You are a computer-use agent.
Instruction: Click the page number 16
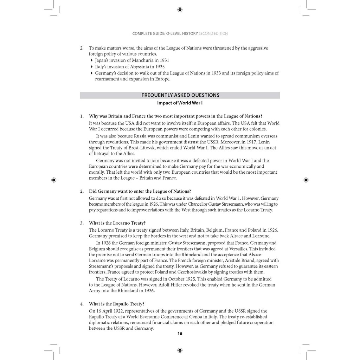click(180, 334)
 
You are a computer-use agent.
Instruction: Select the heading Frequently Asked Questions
click(180, 95)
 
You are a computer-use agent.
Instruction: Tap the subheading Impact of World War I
click(180, 103)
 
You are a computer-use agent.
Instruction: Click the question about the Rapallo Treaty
click(116, 304)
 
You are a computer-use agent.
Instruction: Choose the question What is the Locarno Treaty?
click(117, 223)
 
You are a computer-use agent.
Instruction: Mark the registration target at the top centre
click(180, 9)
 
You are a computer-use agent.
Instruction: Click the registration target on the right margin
click(306, 180)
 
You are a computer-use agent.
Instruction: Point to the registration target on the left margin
click(53, 180)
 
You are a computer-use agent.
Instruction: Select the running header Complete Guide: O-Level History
click(165, 34)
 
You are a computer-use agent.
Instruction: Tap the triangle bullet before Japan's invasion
click(92, 60)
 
